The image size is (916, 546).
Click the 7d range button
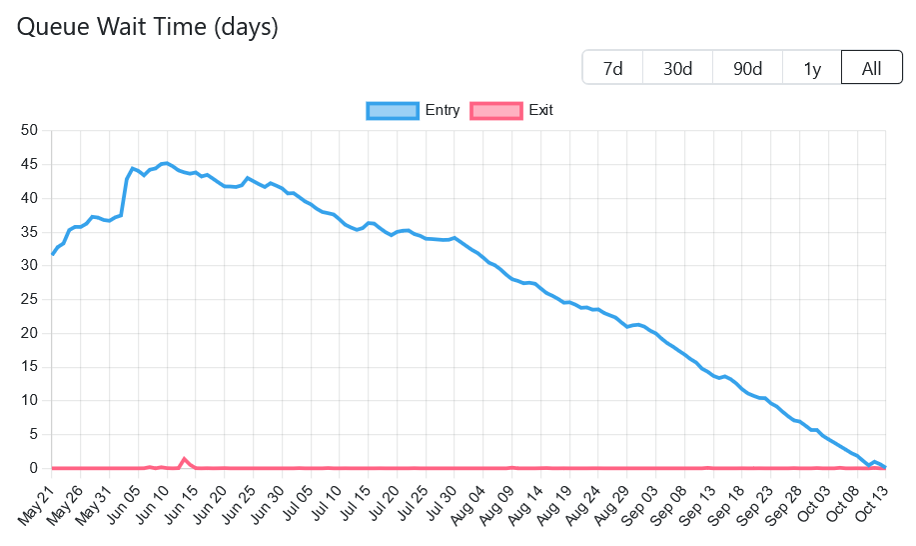click(613, 68)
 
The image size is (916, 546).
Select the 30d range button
click(678, 68)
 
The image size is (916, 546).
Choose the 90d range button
click(747, 68)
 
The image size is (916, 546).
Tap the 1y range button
click(812, 68)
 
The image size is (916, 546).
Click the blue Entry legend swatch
click(393, 110)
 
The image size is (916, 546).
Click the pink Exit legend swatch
click(496, 110)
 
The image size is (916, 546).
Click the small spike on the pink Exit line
click(185, 459)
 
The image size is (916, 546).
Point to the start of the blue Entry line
click(53, 254)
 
